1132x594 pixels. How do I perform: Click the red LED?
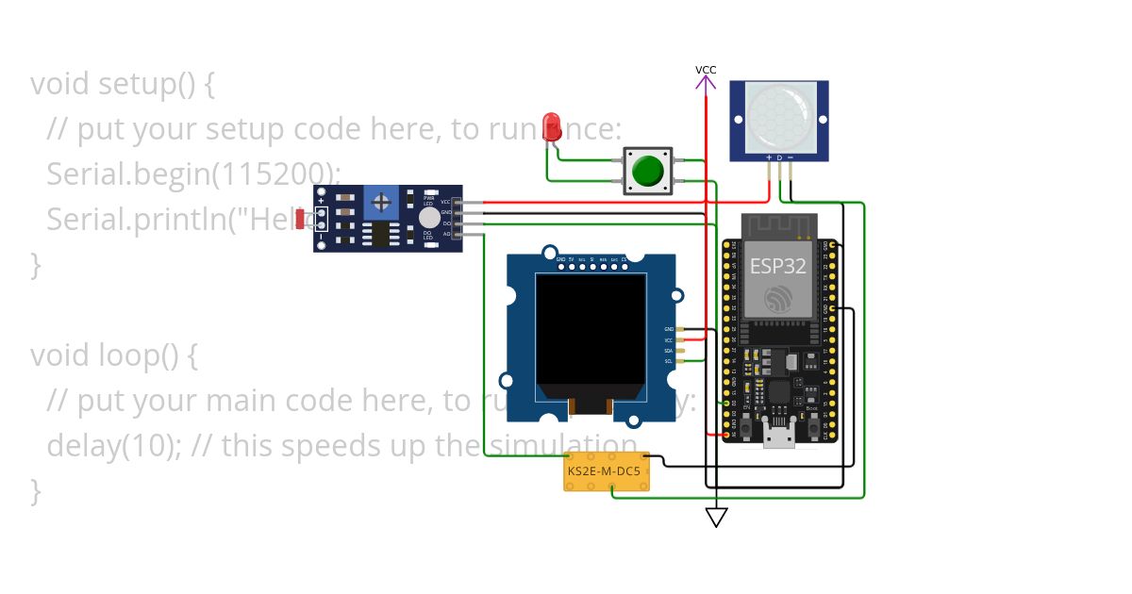click(552, 125)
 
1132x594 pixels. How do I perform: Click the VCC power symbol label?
click(706, 70)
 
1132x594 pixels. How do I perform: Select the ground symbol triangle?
click(717, 517)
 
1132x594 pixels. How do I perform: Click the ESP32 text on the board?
click(778, 266)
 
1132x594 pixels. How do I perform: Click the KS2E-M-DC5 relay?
click(607, 470)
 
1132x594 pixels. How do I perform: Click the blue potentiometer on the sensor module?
click(381, 202)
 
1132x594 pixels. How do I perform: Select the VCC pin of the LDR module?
click(458, 202)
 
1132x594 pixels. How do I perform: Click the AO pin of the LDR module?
click(458, 233)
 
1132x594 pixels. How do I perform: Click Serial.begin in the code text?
click(123, 173)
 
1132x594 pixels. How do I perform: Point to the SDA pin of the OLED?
click(679, 350)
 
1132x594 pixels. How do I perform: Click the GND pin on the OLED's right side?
click(679, 329)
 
